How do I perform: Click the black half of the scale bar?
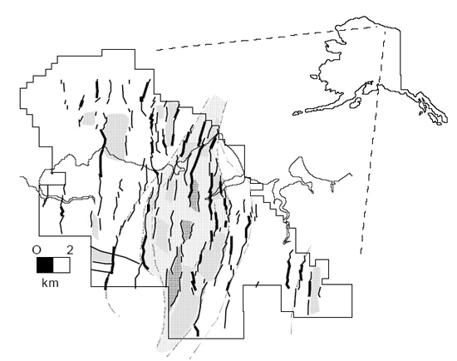[45, 265]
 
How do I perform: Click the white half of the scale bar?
[61, 265]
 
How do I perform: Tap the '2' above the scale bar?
[69, 250]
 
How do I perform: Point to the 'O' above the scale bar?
[37, 250]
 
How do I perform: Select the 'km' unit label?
[50, 283]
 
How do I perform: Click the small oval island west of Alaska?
[313, 77]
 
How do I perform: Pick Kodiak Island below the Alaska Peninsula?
[356, 102]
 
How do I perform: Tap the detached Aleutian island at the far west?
[297, 113]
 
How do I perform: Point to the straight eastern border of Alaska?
[400, 58]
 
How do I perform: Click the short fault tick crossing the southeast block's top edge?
[257, 284]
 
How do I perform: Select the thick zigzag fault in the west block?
[61, 210]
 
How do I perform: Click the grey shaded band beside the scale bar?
[101, 255]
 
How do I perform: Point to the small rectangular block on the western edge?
[52, 178]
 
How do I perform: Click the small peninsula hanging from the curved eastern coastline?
[332, 185]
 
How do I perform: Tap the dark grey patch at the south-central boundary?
[175, 280]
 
